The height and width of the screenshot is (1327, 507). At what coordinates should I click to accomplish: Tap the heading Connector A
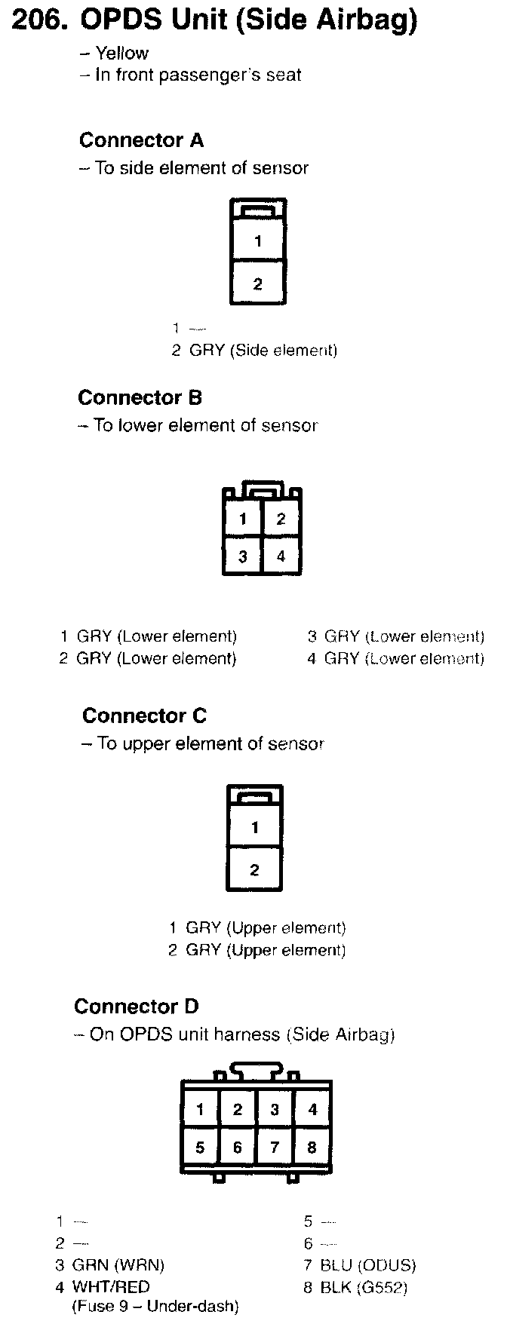click(x=141, y=140)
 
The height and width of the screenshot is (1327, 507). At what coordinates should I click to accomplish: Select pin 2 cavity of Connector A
click(x=258, y=283)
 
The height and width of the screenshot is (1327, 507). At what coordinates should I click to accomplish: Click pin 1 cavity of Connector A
click(x=258, y=241)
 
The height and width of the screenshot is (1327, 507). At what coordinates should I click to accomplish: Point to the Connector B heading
click(x=140, y=397)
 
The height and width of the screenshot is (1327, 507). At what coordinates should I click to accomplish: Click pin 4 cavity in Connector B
click(x=281, y=556)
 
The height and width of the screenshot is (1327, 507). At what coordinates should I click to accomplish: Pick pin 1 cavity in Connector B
click(x=243, y=519)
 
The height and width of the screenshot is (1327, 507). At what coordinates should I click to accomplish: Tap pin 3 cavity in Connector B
click(x=243, y=556)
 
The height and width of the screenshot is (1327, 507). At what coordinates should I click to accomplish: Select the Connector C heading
click(x=144, y=716)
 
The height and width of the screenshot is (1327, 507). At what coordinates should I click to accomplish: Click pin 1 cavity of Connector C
click(x=255, y=828)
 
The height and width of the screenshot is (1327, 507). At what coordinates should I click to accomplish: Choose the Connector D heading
click(x=137, y=1007)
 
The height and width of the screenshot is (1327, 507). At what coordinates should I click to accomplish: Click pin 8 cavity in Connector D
click(x=312, y=1148)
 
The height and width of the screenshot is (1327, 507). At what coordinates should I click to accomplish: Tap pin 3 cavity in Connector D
click(x=275, y=1109)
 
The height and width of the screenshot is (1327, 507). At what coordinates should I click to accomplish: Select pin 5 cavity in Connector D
click(x=200, y=1148)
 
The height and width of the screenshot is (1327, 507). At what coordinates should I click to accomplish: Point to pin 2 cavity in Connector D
click(x=238, y=1109)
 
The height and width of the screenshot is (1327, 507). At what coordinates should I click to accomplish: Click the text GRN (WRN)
click(x=118, y=1265)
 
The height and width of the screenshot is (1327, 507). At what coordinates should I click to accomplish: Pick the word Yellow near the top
click(x=121, y=54)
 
